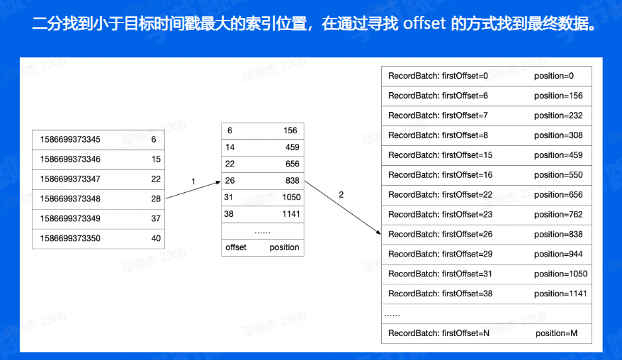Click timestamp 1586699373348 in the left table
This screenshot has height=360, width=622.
(x=70, y=199)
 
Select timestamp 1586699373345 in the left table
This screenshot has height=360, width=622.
(x=70, y=140)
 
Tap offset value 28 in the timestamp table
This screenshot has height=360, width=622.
(x=156, y=199)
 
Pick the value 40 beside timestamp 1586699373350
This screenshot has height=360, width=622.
(x=156, y=239)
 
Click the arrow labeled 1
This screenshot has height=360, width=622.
(x=193, y=190)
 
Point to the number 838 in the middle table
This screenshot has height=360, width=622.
(x=292, y=181)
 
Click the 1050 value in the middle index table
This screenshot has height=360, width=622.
(x=290, y=198)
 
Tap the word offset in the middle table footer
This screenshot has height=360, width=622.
(x=236, y=247)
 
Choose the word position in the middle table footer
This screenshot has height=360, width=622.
(x=284, y=247)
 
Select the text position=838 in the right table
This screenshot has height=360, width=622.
(x=558, y=234)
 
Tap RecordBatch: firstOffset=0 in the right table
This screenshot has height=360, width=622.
(x=438, y=76)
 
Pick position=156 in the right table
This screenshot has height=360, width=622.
(x=558, y=95)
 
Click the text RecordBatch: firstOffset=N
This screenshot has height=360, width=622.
(x=439, y=333)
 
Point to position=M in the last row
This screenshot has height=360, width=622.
(x=556, y=333)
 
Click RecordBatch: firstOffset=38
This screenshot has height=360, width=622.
(x=440, y=294)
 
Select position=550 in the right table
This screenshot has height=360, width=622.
(x=558, y=175)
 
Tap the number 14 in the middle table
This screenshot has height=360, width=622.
(x=230, y=147)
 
